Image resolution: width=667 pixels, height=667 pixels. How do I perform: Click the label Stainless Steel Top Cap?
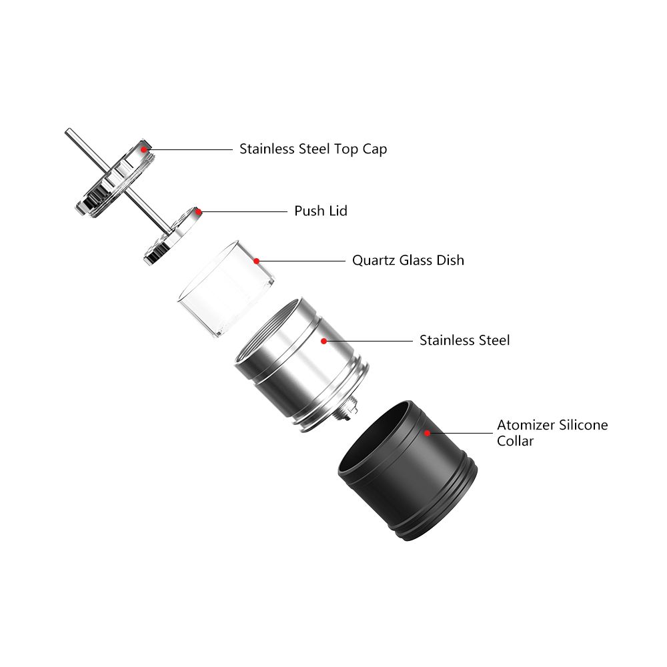(x=313, y=149)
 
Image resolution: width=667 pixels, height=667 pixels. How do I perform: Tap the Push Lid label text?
(x=321, y=211)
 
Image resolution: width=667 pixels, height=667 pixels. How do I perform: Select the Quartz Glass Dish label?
(x=408, y=260)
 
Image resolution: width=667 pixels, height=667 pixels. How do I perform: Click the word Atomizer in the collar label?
(x=522, y=425)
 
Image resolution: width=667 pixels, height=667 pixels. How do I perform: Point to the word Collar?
(x=515, y=441)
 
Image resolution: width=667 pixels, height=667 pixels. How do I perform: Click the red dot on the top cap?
(x=143, y=149)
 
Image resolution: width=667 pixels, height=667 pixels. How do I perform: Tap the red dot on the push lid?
(x=198, y=211)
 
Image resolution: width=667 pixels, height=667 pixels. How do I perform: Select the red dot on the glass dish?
(x=257, y=261)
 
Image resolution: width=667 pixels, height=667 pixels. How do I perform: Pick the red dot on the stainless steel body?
(x=323, y=341)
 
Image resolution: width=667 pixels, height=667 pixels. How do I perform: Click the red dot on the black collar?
(x=428, y=432)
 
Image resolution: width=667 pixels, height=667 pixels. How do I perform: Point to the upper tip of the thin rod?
(x=67, y=131)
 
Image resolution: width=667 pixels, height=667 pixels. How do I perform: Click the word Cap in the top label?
(x=375, y=149)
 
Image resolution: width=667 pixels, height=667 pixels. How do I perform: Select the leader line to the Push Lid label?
(x=243, y=211)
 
